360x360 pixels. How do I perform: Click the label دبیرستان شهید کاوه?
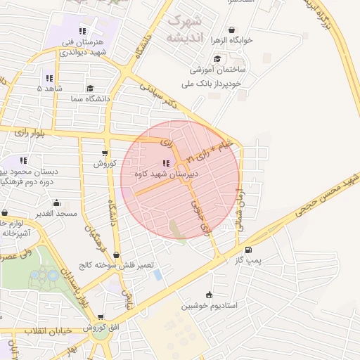click(x=166, y=172)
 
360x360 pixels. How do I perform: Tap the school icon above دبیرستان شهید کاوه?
click(x=166, y=162)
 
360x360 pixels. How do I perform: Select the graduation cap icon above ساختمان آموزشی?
click(x=217, y=60)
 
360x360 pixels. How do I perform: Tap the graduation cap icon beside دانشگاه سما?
click(x=90, y=89)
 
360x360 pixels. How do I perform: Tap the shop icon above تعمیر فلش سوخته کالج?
click(x=116, y=255)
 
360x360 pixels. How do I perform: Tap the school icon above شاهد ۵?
click(x=49, y=78)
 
